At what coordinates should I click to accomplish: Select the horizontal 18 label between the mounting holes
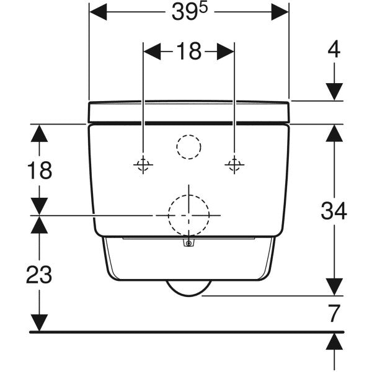coord(188,52)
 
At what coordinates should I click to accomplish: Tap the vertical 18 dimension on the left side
coord(40,170)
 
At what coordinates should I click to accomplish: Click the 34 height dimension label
coord(334,211)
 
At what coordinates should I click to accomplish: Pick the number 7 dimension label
coord(334,314)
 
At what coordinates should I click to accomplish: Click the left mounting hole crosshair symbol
coord(143,164)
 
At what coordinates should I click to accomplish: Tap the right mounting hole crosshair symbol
coord(234,164)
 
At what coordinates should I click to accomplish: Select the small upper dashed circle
coord(188,147)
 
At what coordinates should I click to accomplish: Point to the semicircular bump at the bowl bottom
coord(188,288)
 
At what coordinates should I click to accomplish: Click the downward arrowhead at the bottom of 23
coord(40,322)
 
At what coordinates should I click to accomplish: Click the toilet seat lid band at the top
coord(188,112)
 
